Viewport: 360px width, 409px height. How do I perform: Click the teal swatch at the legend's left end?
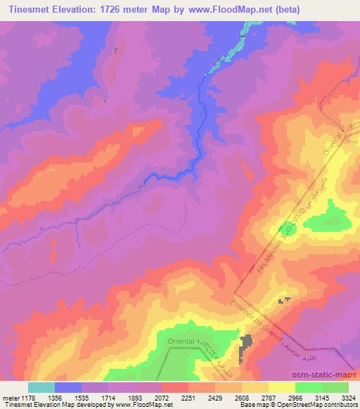(x=41, y=387)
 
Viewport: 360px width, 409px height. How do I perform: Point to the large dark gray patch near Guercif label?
(x=247, y=346)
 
